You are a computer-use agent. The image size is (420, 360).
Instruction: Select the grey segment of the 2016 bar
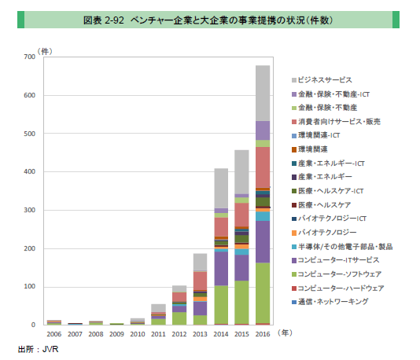pos(263,93)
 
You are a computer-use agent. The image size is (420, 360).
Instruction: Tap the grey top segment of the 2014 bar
pos(222,189)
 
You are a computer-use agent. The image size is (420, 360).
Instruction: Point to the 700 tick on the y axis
pos(29,57)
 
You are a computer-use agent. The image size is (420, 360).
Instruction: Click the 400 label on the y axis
pos(29,172)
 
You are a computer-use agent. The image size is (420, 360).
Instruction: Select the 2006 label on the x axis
pos(53,333)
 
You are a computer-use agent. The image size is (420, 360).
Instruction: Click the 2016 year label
pos(263,333)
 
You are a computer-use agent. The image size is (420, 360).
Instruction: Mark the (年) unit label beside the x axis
pos(286,332)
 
